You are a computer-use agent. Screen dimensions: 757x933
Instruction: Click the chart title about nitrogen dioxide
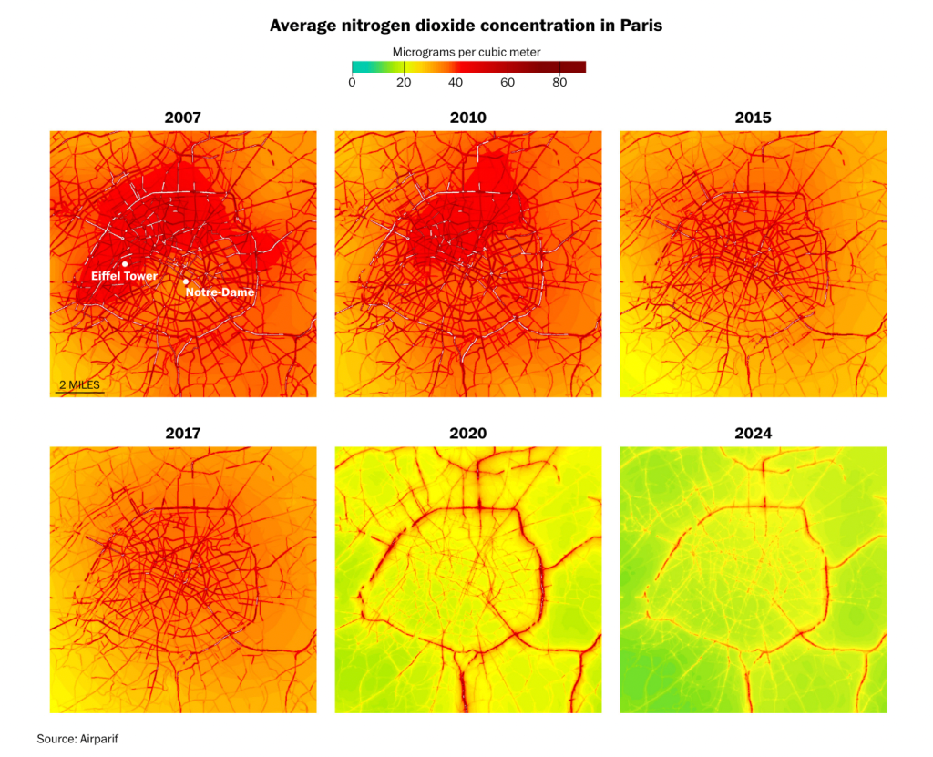click(466, 26)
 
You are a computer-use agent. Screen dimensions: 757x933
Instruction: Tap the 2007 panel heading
click(182, 118)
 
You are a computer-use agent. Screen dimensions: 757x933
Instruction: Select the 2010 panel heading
click(467, 118)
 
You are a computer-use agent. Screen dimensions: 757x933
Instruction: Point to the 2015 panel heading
click(753, 118)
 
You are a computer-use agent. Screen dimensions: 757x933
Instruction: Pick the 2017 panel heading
click(182, 434)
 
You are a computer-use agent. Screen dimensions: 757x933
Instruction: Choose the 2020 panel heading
click(467, 434)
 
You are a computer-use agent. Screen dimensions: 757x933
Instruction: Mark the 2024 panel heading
click(753, 434)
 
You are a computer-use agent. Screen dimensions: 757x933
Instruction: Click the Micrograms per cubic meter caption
click(466, 52)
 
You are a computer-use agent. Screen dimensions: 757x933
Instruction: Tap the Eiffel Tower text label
click(125, 276)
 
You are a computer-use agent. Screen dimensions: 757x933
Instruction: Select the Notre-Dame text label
click(220, 293)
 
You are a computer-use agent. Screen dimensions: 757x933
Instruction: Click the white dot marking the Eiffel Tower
click(125, 264)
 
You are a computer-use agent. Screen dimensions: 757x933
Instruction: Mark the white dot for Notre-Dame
click(185, 281)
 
